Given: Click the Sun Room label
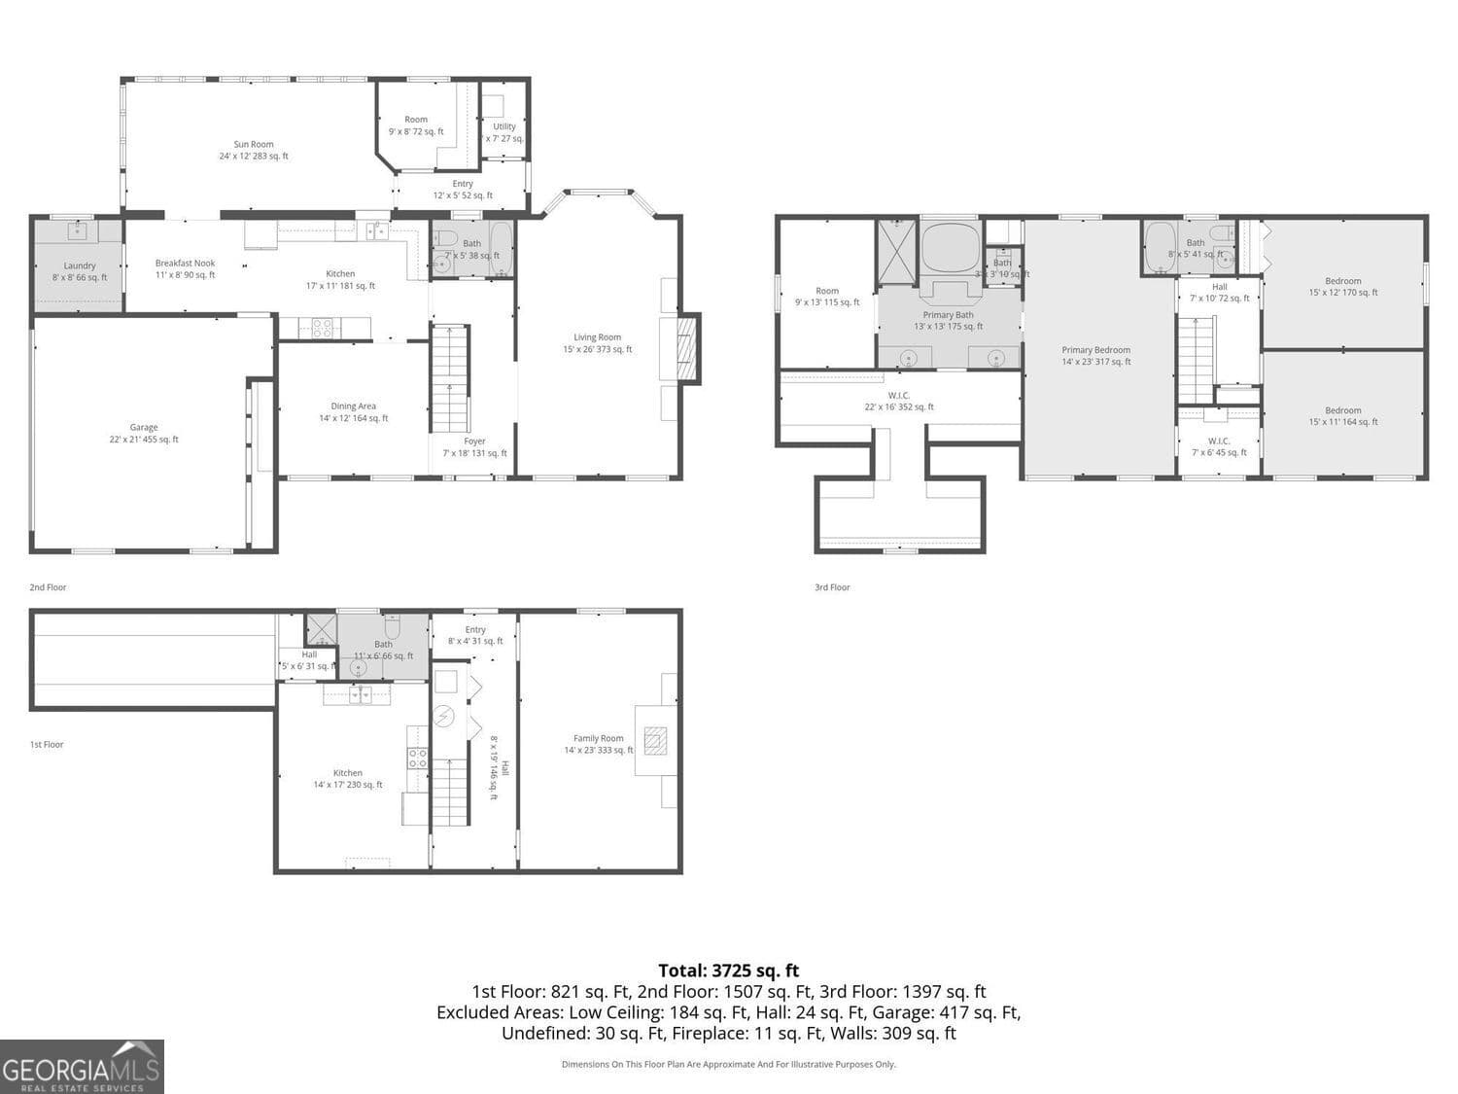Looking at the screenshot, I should [x=254, y=150].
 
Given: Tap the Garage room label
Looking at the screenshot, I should [x=144, y=434].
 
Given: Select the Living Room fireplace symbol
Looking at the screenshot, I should [x=686, y=348].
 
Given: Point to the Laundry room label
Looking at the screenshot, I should [x=80, y=271].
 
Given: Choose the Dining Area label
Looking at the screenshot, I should [x=353, y=412].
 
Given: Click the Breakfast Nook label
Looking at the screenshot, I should [x=185, y=269].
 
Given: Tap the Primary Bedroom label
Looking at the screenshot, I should [x=1095, y=356].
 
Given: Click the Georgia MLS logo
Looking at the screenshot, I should [x=82, y=1066].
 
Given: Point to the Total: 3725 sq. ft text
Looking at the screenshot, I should [x=728, y=970].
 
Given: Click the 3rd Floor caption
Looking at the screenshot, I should [x=832, y=587].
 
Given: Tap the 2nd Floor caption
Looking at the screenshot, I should [x=48, y=587].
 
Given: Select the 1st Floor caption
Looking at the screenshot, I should [x=47, y=745].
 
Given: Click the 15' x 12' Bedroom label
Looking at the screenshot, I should [x=1342, y=287].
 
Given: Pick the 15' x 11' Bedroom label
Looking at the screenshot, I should [x=1342, y=416].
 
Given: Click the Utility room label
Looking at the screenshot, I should [x=504, y=132].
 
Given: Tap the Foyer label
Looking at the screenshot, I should [x=474, y=447].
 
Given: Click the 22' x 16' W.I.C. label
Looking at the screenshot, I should [x=899, y=401].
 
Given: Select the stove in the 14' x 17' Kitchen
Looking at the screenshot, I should [x=417, y=759].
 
